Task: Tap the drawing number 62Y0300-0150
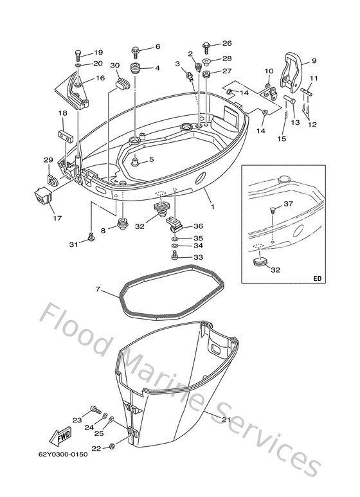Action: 63,455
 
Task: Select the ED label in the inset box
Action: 317,278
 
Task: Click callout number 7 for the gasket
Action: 98,289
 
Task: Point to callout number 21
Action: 226,420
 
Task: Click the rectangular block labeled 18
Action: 66,136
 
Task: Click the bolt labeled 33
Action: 175,255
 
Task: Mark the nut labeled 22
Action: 112,446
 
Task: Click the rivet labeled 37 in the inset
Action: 273,210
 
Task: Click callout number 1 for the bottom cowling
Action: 213,206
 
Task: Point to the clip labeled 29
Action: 51,180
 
